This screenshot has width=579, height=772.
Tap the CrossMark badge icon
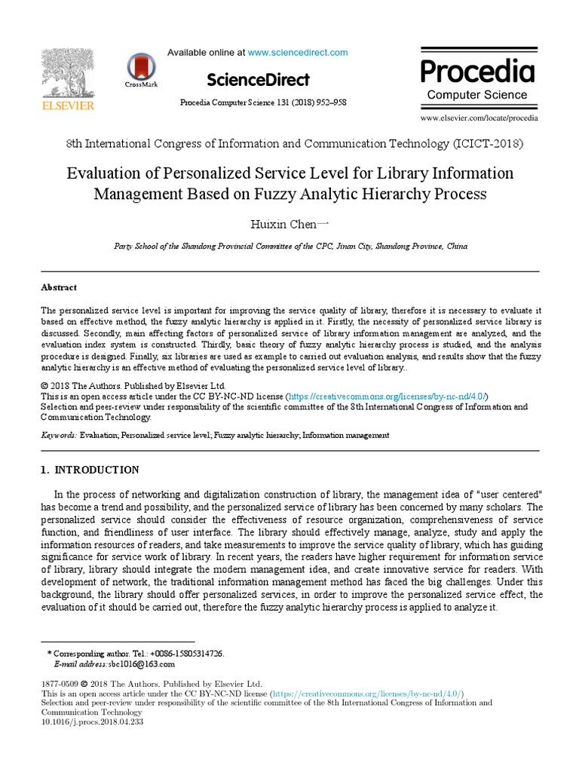pos(141,68)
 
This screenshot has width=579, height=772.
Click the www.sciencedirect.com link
pos(298,52)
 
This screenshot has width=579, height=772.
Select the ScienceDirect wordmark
pos(257,79)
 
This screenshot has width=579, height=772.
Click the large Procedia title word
pos(477,72)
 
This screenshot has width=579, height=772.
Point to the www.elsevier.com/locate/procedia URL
pos(479,118)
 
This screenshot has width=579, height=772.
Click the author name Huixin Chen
pos(286,224)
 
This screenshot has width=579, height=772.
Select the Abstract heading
pos(58,287)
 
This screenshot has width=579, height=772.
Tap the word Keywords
pos(58,435)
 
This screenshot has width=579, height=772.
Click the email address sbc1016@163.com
pos(142,664)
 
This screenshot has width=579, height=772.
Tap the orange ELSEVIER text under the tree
pos(68,106)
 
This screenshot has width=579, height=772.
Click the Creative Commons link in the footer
pos(367,694)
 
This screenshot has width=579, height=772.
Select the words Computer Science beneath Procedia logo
pos(477,95)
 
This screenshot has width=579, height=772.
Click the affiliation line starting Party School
pos(289,247)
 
